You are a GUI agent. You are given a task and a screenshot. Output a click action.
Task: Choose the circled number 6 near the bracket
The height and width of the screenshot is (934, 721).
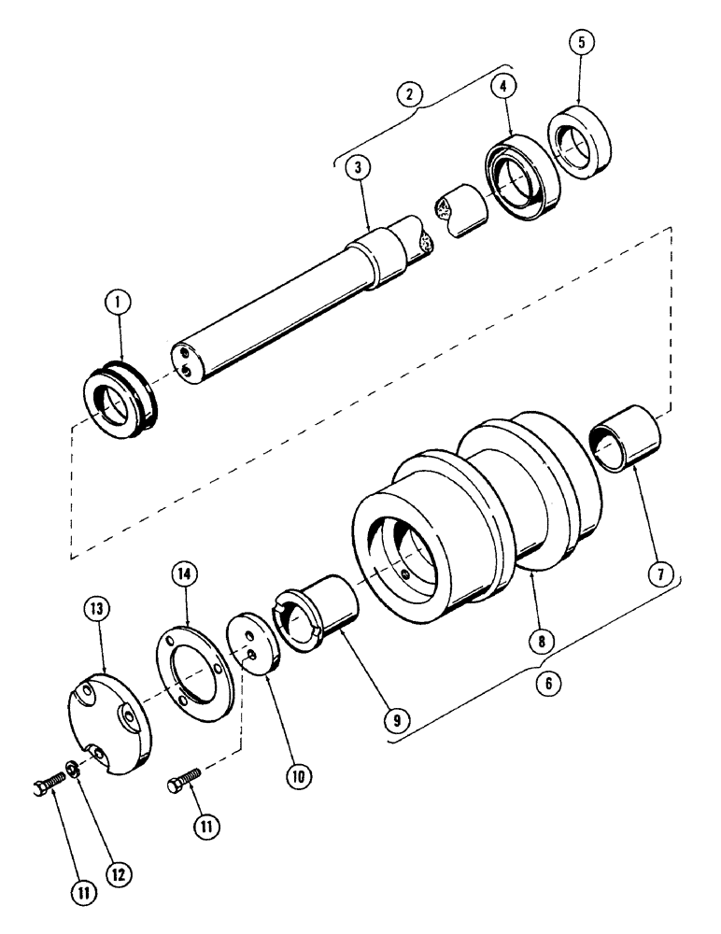548,683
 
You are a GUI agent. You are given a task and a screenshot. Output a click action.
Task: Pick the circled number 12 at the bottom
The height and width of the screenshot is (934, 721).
115,873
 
